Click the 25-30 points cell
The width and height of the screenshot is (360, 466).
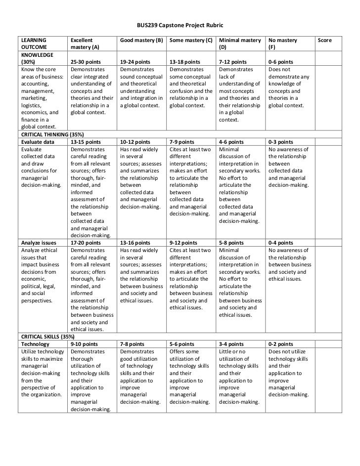tap(86, 62)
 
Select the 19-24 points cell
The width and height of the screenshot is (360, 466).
tap(135, 62)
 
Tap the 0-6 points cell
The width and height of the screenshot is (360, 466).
tap(280, 62)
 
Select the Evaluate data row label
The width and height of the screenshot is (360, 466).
tap(36, 141)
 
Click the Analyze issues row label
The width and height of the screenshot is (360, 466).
tap(37, 243)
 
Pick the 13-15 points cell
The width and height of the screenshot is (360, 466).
tap(86, 141)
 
